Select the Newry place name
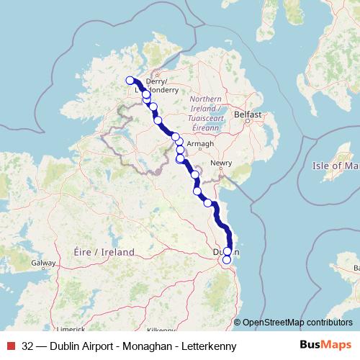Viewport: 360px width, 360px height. (221, 163)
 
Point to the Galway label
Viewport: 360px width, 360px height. (42, 264)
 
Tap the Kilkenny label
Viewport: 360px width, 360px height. (161, 329)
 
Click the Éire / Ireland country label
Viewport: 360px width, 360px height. (104, 252)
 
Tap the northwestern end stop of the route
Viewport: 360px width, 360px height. (130, 81)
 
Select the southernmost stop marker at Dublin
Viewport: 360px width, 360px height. (227, 260)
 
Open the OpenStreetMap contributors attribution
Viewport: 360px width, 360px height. (297, 323)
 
